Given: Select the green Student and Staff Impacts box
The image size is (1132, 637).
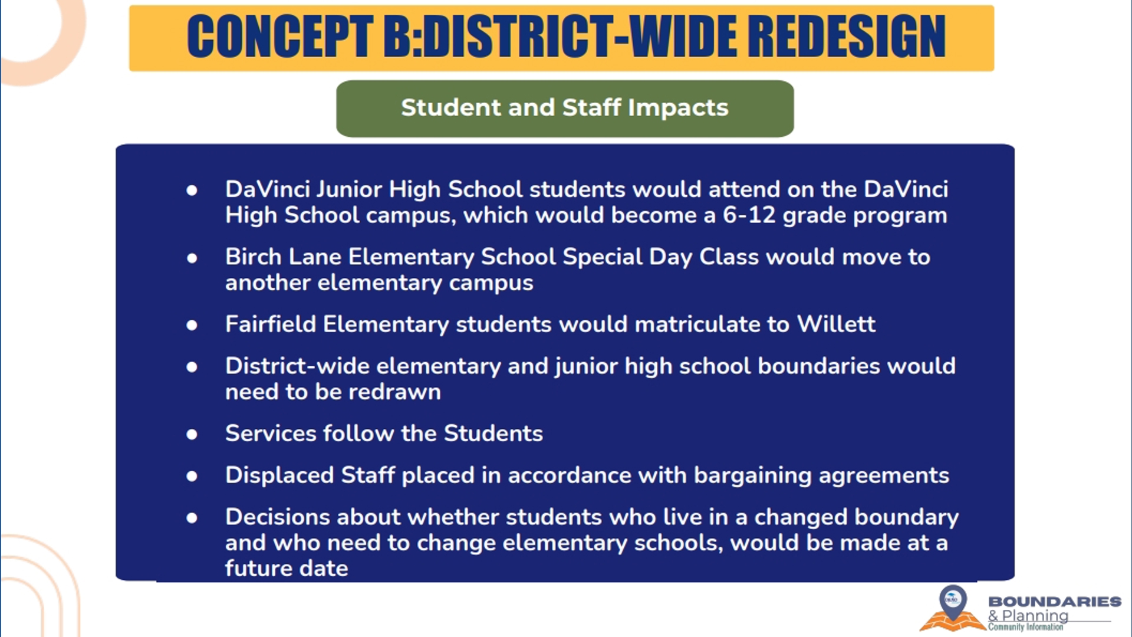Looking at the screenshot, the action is (x=565, y=109).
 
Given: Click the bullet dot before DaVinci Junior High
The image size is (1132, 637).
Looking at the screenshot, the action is (x=192, y=190).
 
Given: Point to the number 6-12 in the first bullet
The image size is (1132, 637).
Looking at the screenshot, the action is (x=749, y=215).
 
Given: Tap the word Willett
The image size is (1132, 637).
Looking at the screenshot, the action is (x=836, y=324).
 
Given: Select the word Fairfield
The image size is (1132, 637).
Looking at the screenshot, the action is (x=271, y=324).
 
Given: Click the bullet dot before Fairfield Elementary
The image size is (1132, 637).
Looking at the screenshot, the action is (x=192, y=325).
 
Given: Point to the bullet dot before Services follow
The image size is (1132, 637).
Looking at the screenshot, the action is (x=192, y=435).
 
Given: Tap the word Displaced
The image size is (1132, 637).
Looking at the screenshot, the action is (x=279, y=475).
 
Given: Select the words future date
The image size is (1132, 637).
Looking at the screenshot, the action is (x=287, y=568).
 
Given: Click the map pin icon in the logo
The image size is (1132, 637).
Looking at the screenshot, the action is (x=953, y=602).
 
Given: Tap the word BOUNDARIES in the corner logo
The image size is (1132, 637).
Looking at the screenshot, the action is (x=1055, y=602).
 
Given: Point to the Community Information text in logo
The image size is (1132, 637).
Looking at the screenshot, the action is (x=1026, y=627).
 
